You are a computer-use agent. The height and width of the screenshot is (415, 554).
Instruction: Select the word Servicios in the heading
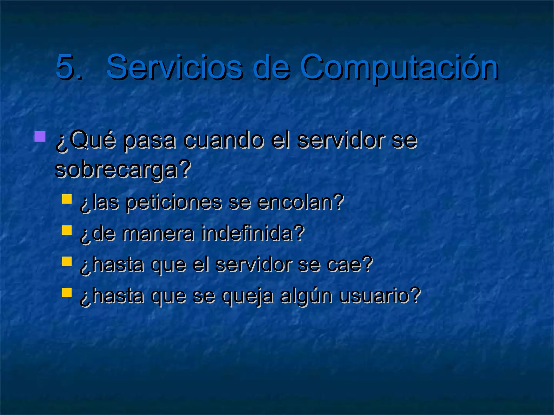point(174,67)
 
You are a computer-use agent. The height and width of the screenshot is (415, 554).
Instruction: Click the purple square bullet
point(40,136)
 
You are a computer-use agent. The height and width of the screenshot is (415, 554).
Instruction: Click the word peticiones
point(173,203)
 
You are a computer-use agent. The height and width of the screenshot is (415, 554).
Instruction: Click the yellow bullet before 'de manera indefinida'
point(67,230)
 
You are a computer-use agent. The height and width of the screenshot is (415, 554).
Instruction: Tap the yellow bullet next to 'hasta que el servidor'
point(67,261)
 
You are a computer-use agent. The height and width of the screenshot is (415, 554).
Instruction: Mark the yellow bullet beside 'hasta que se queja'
point(67,292)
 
